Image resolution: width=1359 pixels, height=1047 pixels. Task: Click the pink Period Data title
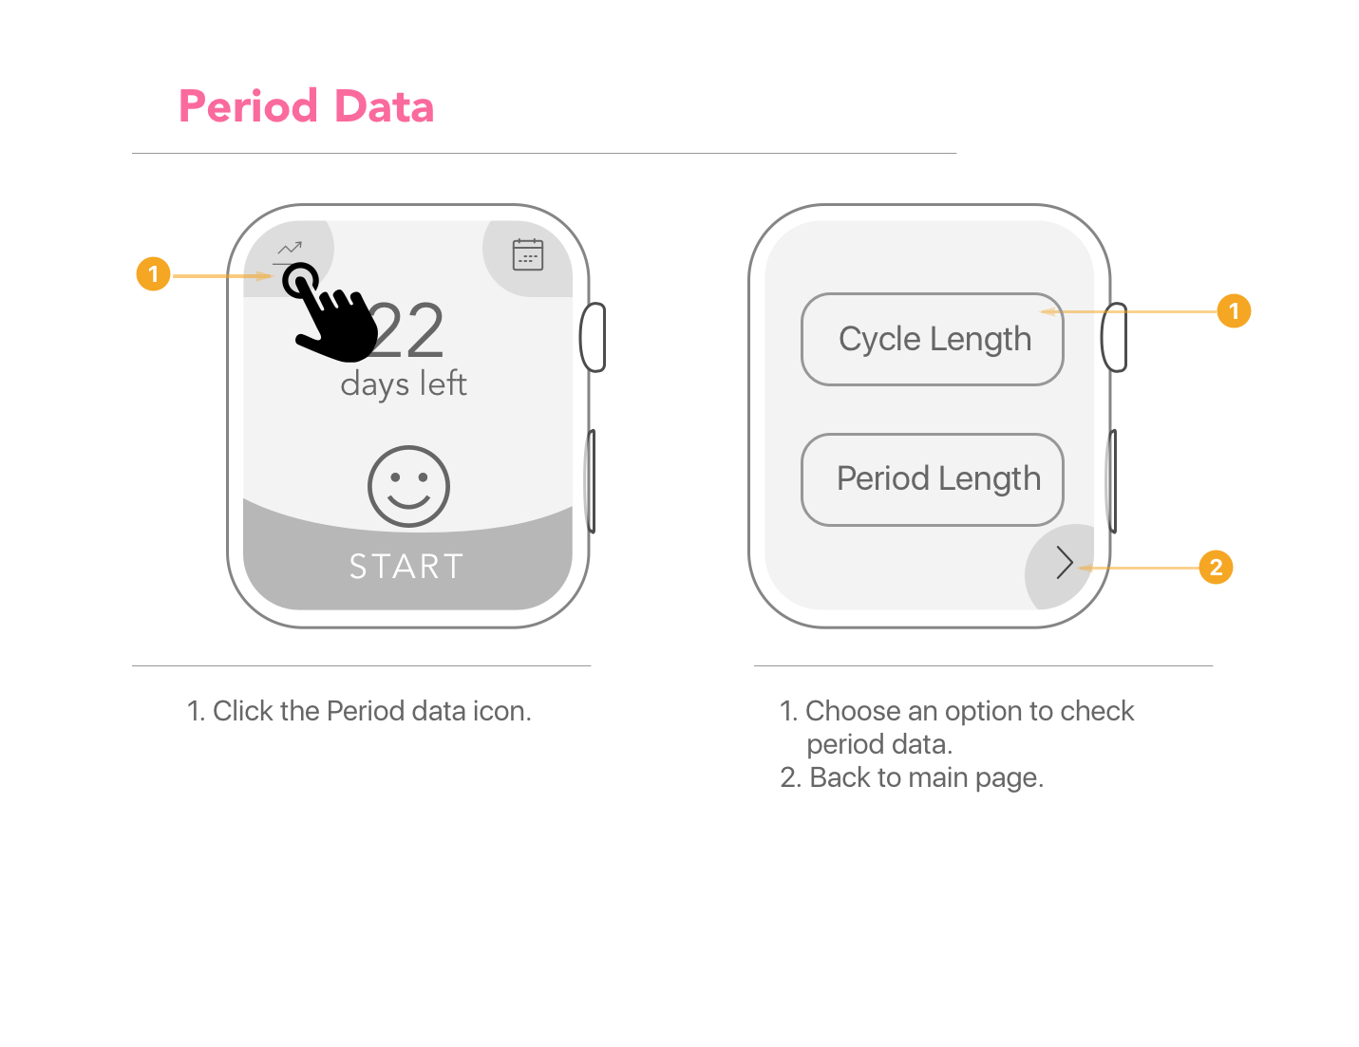tap(306, 106)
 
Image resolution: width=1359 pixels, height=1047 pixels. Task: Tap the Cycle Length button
tap(932, 340)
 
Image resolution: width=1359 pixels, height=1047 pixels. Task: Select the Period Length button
tap(932, 479)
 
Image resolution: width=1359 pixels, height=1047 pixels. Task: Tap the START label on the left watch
tap(406, 567)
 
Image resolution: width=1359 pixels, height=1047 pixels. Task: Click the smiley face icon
tap(408, 486)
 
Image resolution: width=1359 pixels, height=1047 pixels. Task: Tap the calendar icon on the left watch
tap(528, 254)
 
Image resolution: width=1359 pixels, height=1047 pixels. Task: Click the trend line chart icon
tap(290, 248)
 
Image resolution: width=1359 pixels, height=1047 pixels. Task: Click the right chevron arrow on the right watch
tap(1065, 563)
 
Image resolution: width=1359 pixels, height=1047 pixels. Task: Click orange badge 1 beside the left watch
tap(153, 273)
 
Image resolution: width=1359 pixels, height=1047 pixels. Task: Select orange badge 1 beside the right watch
tap(1234, 310)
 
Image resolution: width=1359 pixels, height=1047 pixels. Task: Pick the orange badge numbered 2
tap(1216, 567)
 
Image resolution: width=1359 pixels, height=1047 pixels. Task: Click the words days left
tap(404, 383)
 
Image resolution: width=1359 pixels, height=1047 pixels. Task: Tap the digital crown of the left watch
tap(593, 337)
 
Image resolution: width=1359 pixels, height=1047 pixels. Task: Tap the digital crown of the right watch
tap(1114, 337)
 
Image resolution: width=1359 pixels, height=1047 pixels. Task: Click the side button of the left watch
tap(591, 481)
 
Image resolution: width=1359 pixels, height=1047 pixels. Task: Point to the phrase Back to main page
tap(926, 778)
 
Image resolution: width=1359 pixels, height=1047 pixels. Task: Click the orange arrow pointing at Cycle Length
tap(1129, 311)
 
